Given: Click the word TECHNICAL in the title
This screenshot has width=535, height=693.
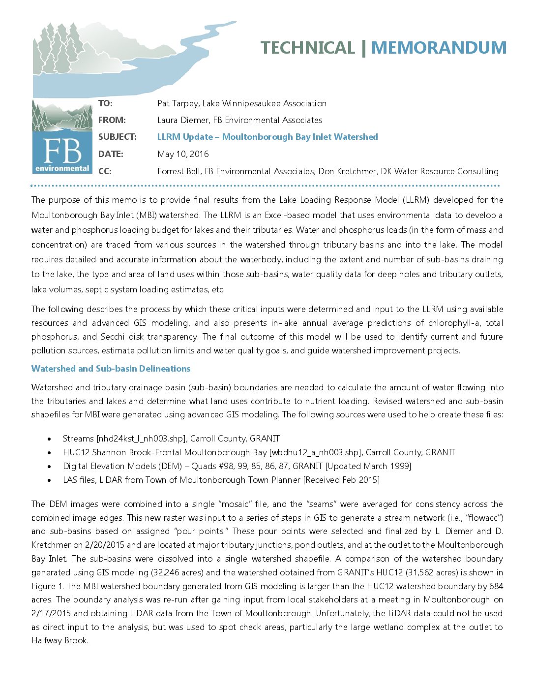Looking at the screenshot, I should (307, 48).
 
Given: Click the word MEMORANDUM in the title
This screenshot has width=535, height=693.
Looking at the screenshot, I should (439, 48).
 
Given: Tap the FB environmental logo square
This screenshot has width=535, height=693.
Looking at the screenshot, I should (62, 150).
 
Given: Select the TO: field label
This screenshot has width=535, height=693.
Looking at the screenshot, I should (105, 103).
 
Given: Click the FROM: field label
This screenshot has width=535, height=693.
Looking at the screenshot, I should (112, 120).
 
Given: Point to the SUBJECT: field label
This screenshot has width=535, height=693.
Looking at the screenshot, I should (118, 137).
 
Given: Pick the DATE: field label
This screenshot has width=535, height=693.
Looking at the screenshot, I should (111, 154).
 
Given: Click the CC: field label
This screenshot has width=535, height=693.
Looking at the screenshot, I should (105, 171).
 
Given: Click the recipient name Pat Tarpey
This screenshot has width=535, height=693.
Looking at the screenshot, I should (178, 103).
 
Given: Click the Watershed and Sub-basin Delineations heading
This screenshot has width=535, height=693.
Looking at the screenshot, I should (111, 369).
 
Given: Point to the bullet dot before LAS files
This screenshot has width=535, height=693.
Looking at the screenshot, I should (49, 480).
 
